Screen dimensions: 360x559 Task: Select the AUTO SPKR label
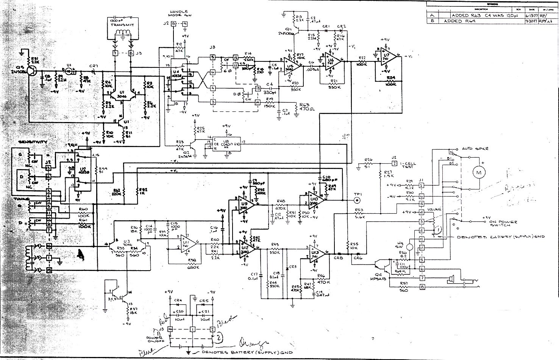tap(476, 149)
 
